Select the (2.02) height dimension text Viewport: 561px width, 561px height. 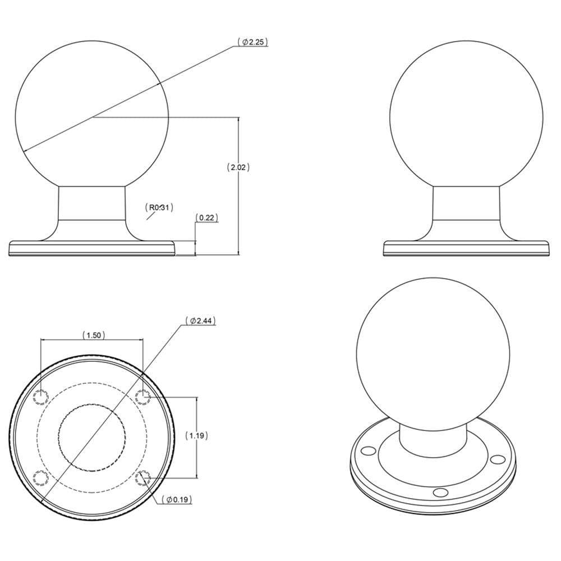pyautogui.click(x=238, y=167)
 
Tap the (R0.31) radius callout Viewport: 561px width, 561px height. pyautogui.click(x=159, y=208)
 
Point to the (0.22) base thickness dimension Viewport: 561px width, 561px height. pyautogui.click(x=206, y=218)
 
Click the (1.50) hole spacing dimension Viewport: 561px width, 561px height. pyautogui.click(x=92, y=335)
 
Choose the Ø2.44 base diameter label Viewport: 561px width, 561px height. pyautogui.click(x=201, y=321)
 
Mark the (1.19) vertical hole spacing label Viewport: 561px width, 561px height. pyautogui.click(x=196, y=435)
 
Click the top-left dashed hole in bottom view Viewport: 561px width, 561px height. pyautogui.click(x=41, y=397)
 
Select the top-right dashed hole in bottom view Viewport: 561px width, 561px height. pyautogui.click(x=143, y=397)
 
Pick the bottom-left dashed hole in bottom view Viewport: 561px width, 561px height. pyautogui.click(x=41, y=478)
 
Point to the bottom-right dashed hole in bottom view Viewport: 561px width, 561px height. pyautogui.click(x=143, y=478)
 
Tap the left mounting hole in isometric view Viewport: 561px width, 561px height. pyautogui.click(x=367, y=450)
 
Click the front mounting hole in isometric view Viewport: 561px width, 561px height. pyautogui.click(x=441, y=493)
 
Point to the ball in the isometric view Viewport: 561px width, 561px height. pyautogui.click(x=433, y=353)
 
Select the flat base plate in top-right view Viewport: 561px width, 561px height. pyautogui.click(x=466, y=249)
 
